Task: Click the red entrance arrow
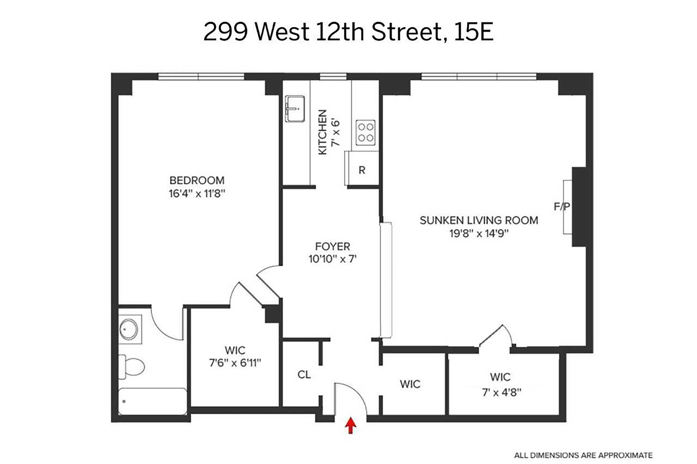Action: (x=350, y=425)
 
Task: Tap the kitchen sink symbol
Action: (x=294, y=109)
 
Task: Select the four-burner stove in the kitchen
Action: (x=365, y=132)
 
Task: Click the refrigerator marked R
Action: (x=362, y=170)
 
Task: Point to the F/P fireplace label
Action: (x=562, y=206)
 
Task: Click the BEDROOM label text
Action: (x=197, y=180)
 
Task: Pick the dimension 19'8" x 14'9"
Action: (x=479, y=234)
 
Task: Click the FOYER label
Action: (x=332, y=246)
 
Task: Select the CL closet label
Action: (x=304, y=375)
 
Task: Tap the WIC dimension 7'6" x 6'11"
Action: (x=235, y=363)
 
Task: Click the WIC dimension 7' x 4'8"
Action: (x=501, y=392)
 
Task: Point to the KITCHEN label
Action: (x=322, y=132)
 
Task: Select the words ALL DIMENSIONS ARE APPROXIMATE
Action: (x=583, y=455)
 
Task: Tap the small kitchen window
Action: (x=333, y=77)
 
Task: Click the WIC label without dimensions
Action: (x=410, y=384)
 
